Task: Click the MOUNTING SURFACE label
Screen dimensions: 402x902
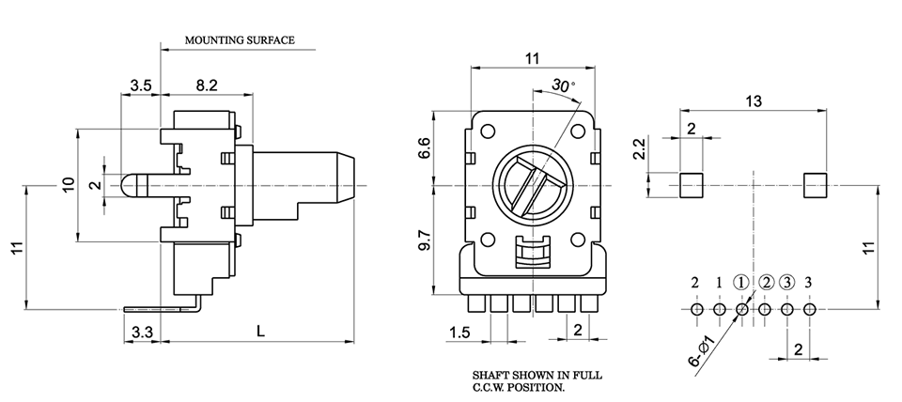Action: [x=240, y=40]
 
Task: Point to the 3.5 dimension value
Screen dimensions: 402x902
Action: [x=141, y=85]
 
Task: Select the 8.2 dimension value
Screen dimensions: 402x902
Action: [x=207, y=85]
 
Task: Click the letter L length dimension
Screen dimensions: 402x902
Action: [x=259, y=331]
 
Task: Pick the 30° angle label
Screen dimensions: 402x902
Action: [x=563, y=85]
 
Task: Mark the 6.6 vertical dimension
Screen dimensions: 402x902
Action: [x=424, y=147]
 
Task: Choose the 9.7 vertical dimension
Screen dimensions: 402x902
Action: [x=424, y=240]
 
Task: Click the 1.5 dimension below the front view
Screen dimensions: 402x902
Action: [x=459, y=332]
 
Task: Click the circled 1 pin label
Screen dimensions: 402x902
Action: [x=741, y=282]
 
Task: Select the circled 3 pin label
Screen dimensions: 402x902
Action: [x=786, y=282]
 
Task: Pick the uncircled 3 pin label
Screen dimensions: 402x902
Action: [x=809, y=282]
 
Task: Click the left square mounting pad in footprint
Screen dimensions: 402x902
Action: [x=691, y=185]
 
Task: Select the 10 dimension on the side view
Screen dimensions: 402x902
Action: [x=67, y=185]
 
